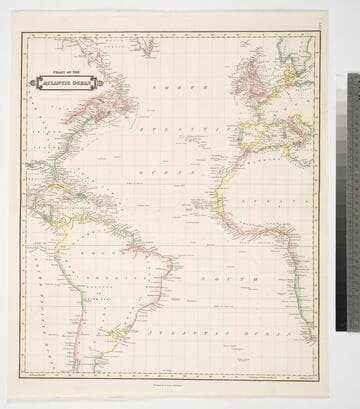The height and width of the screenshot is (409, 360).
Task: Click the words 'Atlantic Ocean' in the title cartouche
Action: tap(67, 84)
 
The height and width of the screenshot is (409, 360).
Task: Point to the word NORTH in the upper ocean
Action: tap(169, 89)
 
